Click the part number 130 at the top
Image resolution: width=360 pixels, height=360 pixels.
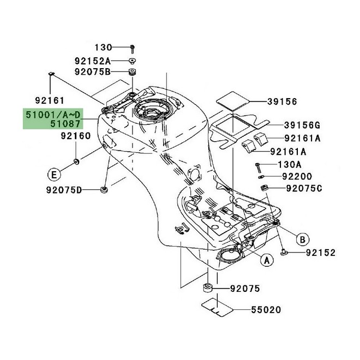pyautogui.click(x=103, y=47)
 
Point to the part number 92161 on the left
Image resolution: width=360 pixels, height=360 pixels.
pyautogui.click(x=50, y=100)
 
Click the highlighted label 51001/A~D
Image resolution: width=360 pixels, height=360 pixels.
pyautogui.click(x=53, y=115)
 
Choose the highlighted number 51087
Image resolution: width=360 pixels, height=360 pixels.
pyautogui.click(x=68, y=124)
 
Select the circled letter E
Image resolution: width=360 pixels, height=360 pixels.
pyautogui.click(x=53, y=175)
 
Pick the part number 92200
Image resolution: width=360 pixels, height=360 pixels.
pyautogui.click(x=297, y=177)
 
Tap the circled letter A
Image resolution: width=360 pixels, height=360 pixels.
pyautogui.click(x=267, y=261)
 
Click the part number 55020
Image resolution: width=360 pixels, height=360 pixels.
pyautogui.click(x=266, y=310)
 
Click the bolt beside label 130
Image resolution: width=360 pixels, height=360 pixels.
pyautogui.click(x=132, y=48)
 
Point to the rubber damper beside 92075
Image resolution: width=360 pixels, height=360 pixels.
pyautogui.click(x=207, y=288)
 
